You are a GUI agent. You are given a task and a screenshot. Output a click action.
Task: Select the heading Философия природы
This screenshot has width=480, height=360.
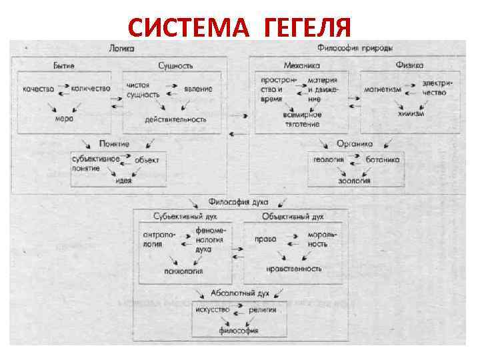354,49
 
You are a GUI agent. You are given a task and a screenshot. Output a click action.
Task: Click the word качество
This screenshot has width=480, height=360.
38,89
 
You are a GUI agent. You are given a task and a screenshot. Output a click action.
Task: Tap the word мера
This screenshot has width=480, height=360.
64,119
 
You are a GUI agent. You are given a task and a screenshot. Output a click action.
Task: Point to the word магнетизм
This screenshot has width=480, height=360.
383,89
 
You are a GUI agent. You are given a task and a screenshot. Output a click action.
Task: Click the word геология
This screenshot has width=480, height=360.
330,160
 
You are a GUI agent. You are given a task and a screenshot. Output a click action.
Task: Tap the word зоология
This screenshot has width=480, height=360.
355,180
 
